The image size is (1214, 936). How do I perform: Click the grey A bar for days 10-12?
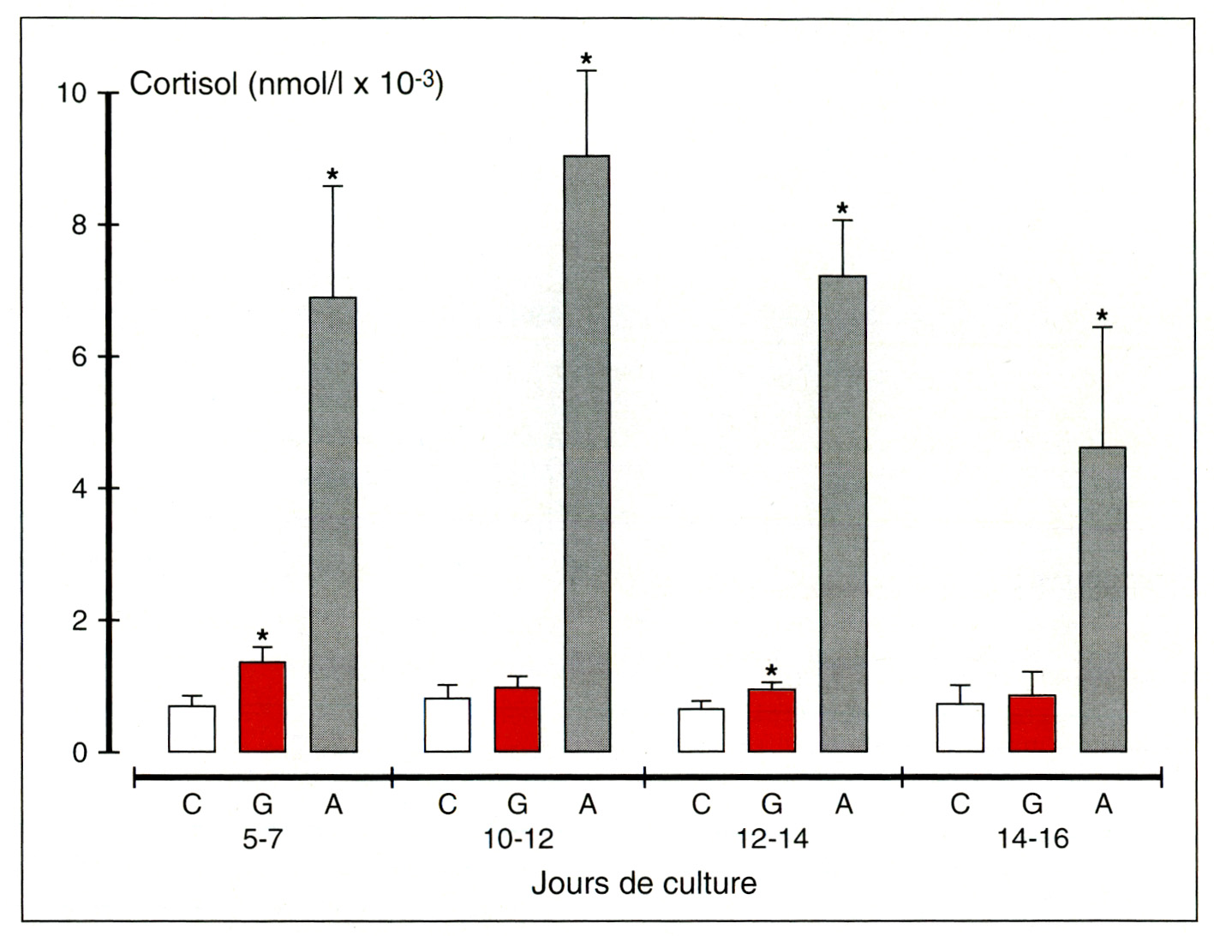(587, 454)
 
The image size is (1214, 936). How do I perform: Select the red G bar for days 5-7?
(262, 707)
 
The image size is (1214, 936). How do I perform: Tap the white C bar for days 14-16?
(960, 728)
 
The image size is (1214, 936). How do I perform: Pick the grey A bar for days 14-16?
(1103, 600)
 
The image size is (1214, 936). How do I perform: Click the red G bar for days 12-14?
(771, 721)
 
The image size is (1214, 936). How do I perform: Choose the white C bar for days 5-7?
(192, 729)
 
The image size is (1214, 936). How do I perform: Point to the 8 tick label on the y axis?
(80, 225)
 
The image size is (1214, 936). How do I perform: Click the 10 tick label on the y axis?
(72, 93)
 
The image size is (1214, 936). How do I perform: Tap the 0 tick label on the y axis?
(80, 753)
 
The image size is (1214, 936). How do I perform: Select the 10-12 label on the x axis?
(518, 838)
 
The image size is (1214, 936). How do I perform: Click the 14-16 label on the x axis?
(1032, 838)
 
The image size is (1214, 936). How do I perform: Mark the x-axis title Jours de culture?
(643, 884)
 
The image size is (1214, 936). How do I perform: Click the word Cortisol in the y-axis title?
(182, 85)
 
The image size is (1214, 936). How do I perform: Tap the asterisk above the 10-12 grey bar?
(586, 60)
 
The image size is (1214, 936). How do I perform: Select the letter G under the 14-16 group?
(1032, 804)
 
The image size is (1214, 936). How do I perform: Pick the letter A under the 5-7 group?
(333, 804)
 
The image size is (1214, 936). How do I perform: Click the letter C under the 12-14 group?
(701, 804)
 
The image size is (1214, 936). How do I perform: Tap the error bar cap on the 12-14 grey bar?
(842, 221)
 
